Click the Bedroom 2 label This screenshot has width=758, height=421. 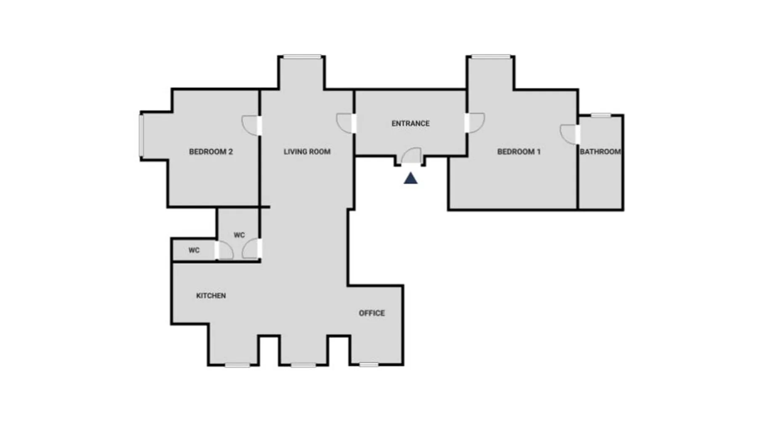(211, 152)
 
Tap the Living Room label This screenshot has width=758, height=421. (307, 152)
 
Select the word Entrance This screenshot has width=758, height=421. (411, 123)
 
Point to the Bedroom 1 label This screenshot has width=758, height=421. (519, 152)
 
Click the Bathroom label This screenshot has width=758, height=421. (600, 152)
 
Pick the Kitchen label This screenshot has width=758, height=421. (211, 296)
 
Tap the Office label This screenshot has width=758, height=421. (372, 313)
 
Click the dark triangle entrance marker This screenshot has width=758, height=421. (411, 179)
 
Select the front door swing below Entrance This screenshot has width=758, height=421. (411, 155)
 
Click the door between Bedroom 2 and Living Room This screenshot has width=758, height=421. (251, 125)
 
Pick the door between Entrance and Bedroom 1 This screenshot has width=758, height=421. (475, 123)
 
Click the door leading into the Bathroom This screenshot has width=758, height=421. (570, 135)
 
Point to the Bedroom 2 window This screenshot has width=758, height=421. (141, 135)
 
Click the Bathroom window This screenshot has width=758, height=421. (601, 115)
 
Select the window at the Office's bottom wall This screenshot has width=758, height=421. (369, 365)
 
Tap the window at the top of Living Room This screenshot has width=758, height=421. (302, 57)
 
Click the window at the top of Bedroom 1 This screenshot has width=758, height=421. (491, 57)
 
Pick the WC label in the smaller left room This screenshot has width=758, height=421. (194, 250)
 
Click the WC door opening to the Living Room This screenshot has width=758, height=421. (252, 249)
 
